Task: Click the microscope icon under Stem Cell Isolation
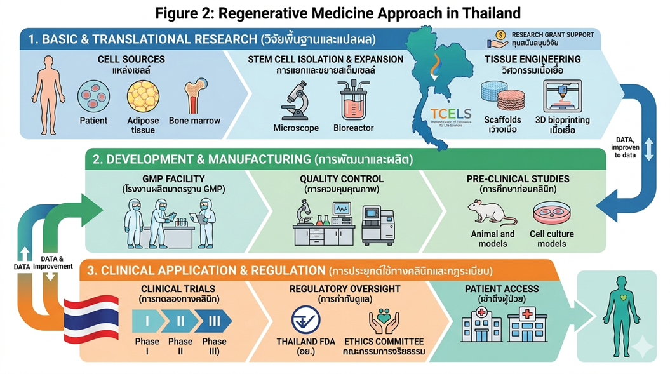coord(296,99)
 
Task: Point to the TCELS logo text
coord(450,114)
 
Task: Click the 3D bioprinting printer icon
coord(563,96)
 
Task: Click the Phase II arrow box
coord(180,321)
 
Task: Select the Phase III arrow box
coord(214,321)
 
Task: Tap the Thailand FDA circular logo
coord(305,320)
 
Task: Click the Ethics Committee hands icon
coord(384,321)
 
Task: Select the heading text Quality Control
coord(342,179)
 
